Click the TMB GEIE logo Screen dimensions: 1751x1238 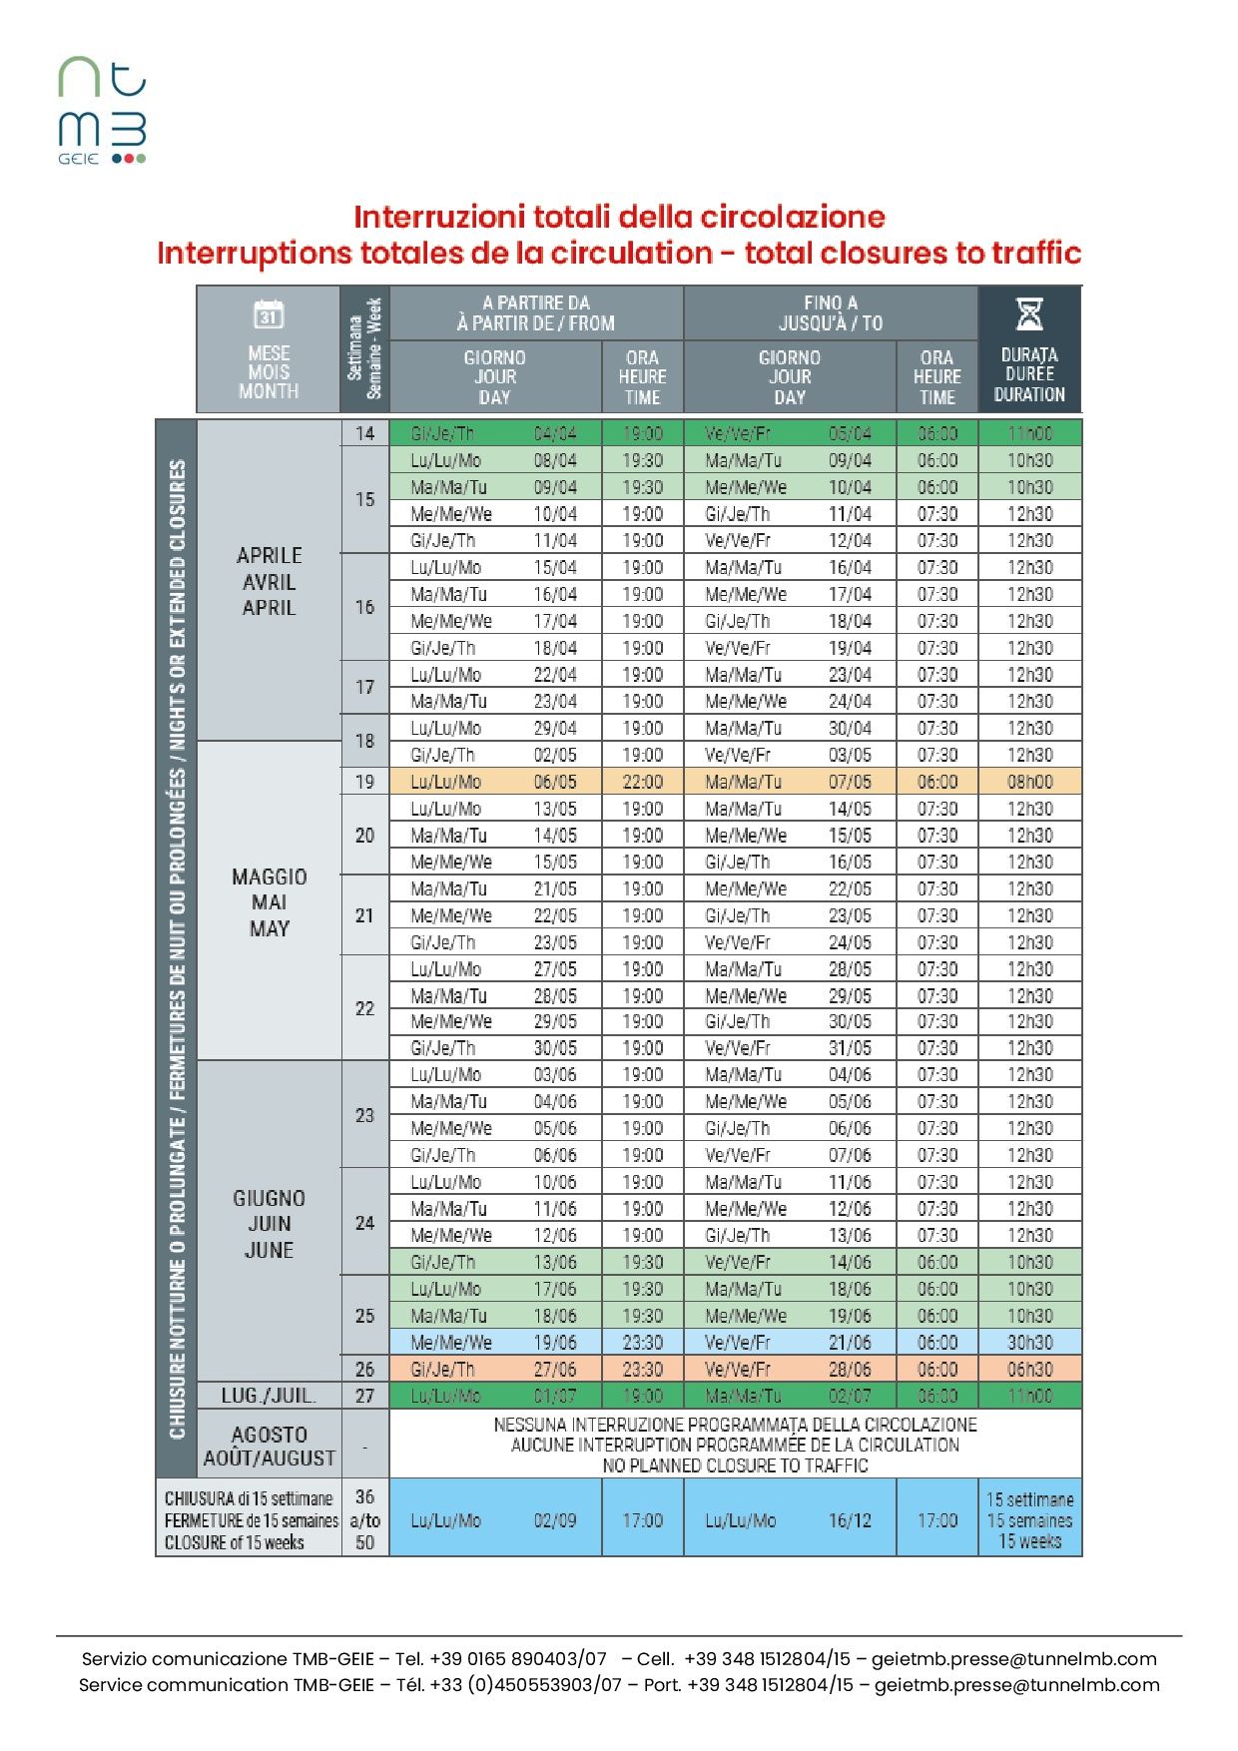point(102,110)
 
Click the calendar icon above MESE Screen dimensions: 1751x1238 point(269,314)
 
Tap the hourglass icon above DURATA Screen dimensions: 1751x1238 point(1029,313)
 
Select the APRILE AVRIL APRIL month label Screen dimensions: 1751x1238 point(269,581)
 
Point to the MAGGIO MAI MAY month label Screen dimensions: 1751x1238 point(269,902)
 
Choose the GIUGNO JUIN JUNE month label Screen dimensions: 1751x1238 point(269,1223)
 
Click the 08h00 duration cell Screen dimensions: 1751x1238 point(1029,782)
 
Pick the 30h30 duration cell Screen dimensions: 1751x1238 point(1029,1343)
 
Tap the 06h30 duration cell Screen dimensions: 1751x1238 point(1029,1370)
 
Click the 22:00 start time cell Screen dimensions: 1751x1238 point(642,782)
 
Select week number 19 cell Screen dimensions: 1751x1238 point(364,782)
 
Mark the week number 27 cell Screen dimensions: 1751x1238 point(364,1396)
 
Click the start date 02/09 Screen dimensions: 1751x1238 point(555,1520)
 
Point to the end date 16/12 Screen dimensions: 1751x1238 point(850,1520)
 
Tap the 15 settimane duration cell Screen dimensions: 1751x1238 point(1029,1519)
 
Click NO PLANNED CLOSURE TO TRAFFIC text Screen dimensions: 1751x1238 point(735,1465)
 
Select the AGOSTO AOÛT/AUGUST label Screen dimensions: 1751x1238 point(269,1446)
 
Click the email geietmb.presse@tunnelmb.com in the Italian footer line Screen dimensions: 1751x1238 point(1013,1658)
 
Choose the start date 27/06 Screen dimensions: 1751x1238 point(555,1370)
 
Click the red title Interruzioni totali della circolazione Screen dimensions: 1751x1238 point(619,217)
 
